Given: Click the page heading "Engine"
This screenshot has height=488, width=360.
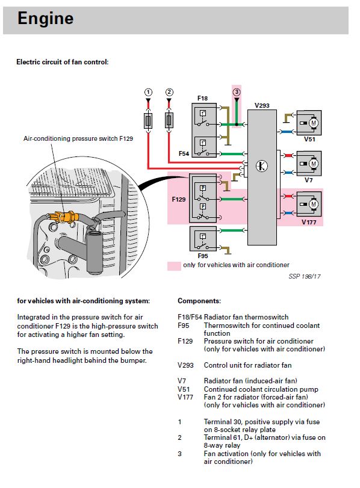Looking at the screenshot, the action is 46,18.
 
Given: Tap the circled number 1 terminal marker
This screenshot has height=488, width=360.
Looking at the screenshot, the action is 148,92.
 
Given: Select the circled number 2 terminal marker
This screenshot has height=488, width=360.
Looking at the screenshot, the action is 169,92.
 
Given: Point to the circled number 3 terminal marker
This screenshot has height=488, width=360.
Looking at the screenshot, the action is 237,92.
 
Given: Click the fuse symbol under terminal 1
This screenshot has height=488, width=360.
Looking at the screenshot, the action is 148,121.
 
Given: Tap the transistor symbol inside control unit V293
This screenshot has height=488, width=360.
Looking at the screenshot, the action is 262,166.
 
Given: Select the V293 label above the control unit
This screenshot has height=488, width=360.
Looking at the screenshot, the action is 262,105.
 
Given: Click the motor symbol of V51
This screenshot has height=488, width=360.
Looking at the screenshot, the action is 313,123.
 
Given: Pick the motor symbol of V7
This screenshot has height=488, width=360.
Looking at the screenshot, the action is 313,164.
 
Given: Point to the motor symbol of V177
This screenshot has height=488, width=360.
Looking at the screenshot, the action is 313,204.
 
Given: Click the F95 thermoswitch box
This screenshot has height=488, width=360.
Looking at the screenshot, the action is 203,239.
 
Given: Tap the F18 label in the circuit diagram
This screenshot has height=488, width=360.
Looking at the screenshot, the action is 202,98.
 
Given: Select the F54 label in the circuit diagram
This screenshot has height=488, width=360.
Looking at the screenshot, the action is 184,153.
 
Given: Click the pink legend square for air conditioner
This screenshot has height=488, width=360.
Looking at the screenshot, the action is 174,266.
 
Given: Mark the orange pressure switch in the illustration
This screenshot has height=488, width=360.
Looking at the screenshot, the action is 64,216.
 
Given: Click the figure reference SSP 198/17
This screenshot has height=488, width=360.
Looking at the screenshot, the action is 304,276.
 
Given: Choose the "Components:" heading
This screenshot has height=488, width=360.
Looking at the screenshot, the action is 199,301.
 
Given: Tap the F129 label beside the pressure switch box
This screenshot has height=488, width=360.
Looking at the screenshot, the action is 179,199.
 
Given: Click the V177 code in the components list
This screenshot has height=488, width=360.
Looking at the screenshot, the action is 185,397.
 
